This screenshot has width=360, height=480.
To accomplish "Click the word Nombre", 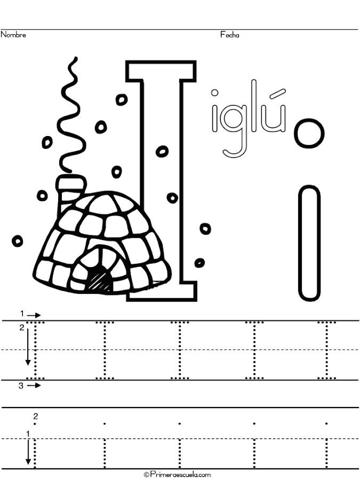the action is [x=13, y=35].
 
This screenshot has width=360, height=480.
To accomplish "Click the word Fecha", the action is [x=229, y=35].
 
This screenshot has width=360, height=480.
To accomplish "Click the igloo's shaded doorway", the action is [x=100, y=278].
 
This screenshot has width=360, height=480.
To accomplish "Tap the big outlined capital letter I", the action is [x=161, y=181].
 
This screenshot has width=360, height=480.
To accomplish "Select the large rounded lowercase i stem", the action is [x=309, y=243].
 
